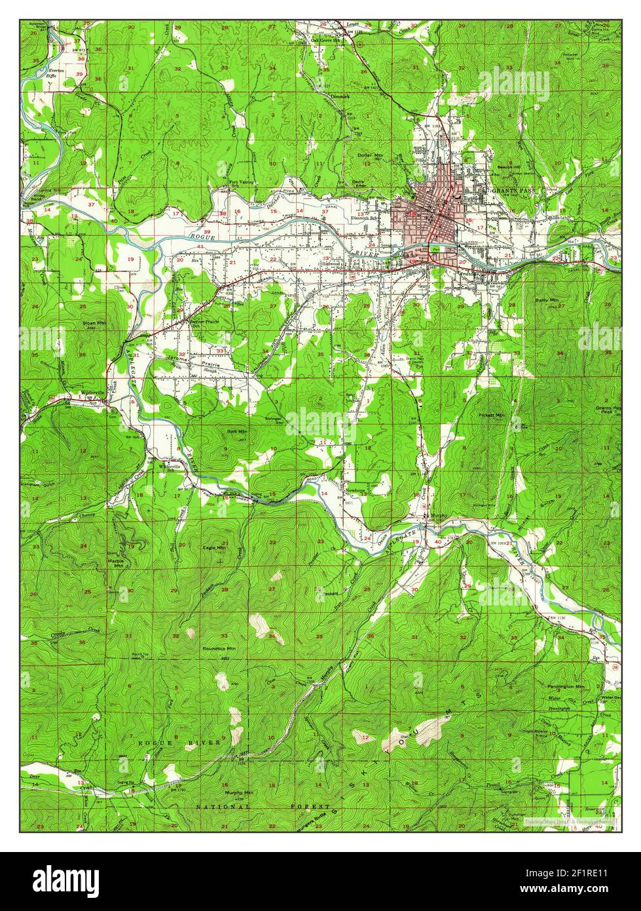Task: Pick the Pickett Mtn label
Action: (x=491, y=416)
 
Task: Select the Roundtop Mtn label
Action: (x=219, y=648)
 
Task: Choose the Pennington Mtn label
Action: (x=566, y=686)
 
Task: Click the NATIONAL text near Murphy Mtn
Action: (x=223, y=807)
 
